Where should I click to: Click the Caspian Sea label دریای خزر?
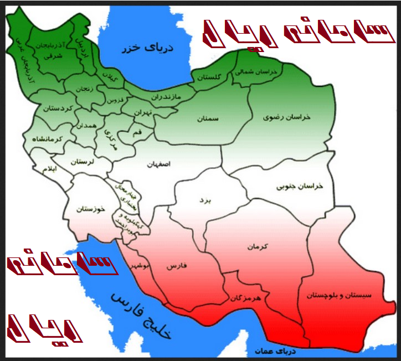148,48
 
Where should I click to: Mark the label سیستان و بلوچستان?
345,295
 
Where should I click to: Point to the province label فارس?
176,266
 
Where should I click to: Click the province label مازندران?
166,96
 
